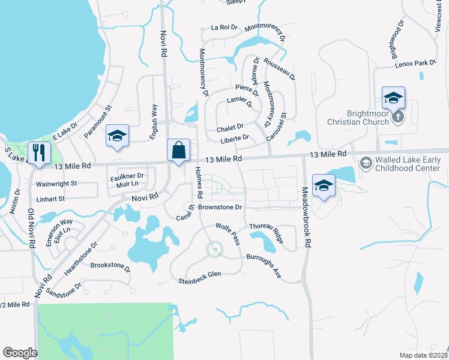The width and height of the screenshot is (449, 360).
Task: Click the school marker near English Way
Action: coord(117,136)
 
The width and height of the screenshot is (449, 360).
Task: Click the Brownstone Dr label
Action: coord(220,207)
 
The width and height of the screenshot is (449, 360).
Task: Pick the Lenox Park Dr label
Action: coord(415,63)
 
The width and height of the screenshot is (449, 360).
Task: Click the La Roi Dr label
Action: coord(225,28)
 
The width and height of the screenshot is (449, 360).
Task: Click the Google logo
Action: coord(20,353)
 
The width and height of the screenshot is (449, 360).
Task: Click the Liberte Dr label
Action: coord(235,139)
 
